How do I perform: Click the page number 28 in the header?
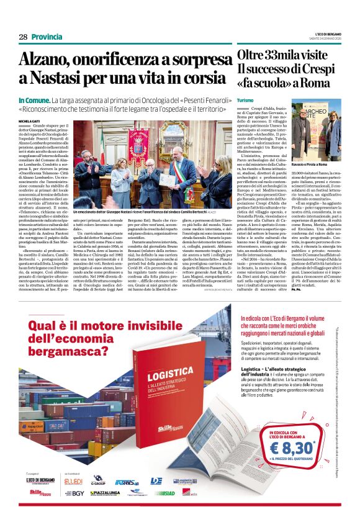tap(23, 37)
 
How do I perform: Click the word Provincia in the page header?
tap(47, 37)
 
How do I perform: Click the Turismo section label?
tap(245, 100)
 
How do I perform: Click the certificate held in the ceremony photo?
tap(149, 179)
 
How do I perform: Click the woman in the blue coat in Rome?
tap(333, 137)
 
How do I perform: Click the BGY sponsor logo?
tap(76, 493)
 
